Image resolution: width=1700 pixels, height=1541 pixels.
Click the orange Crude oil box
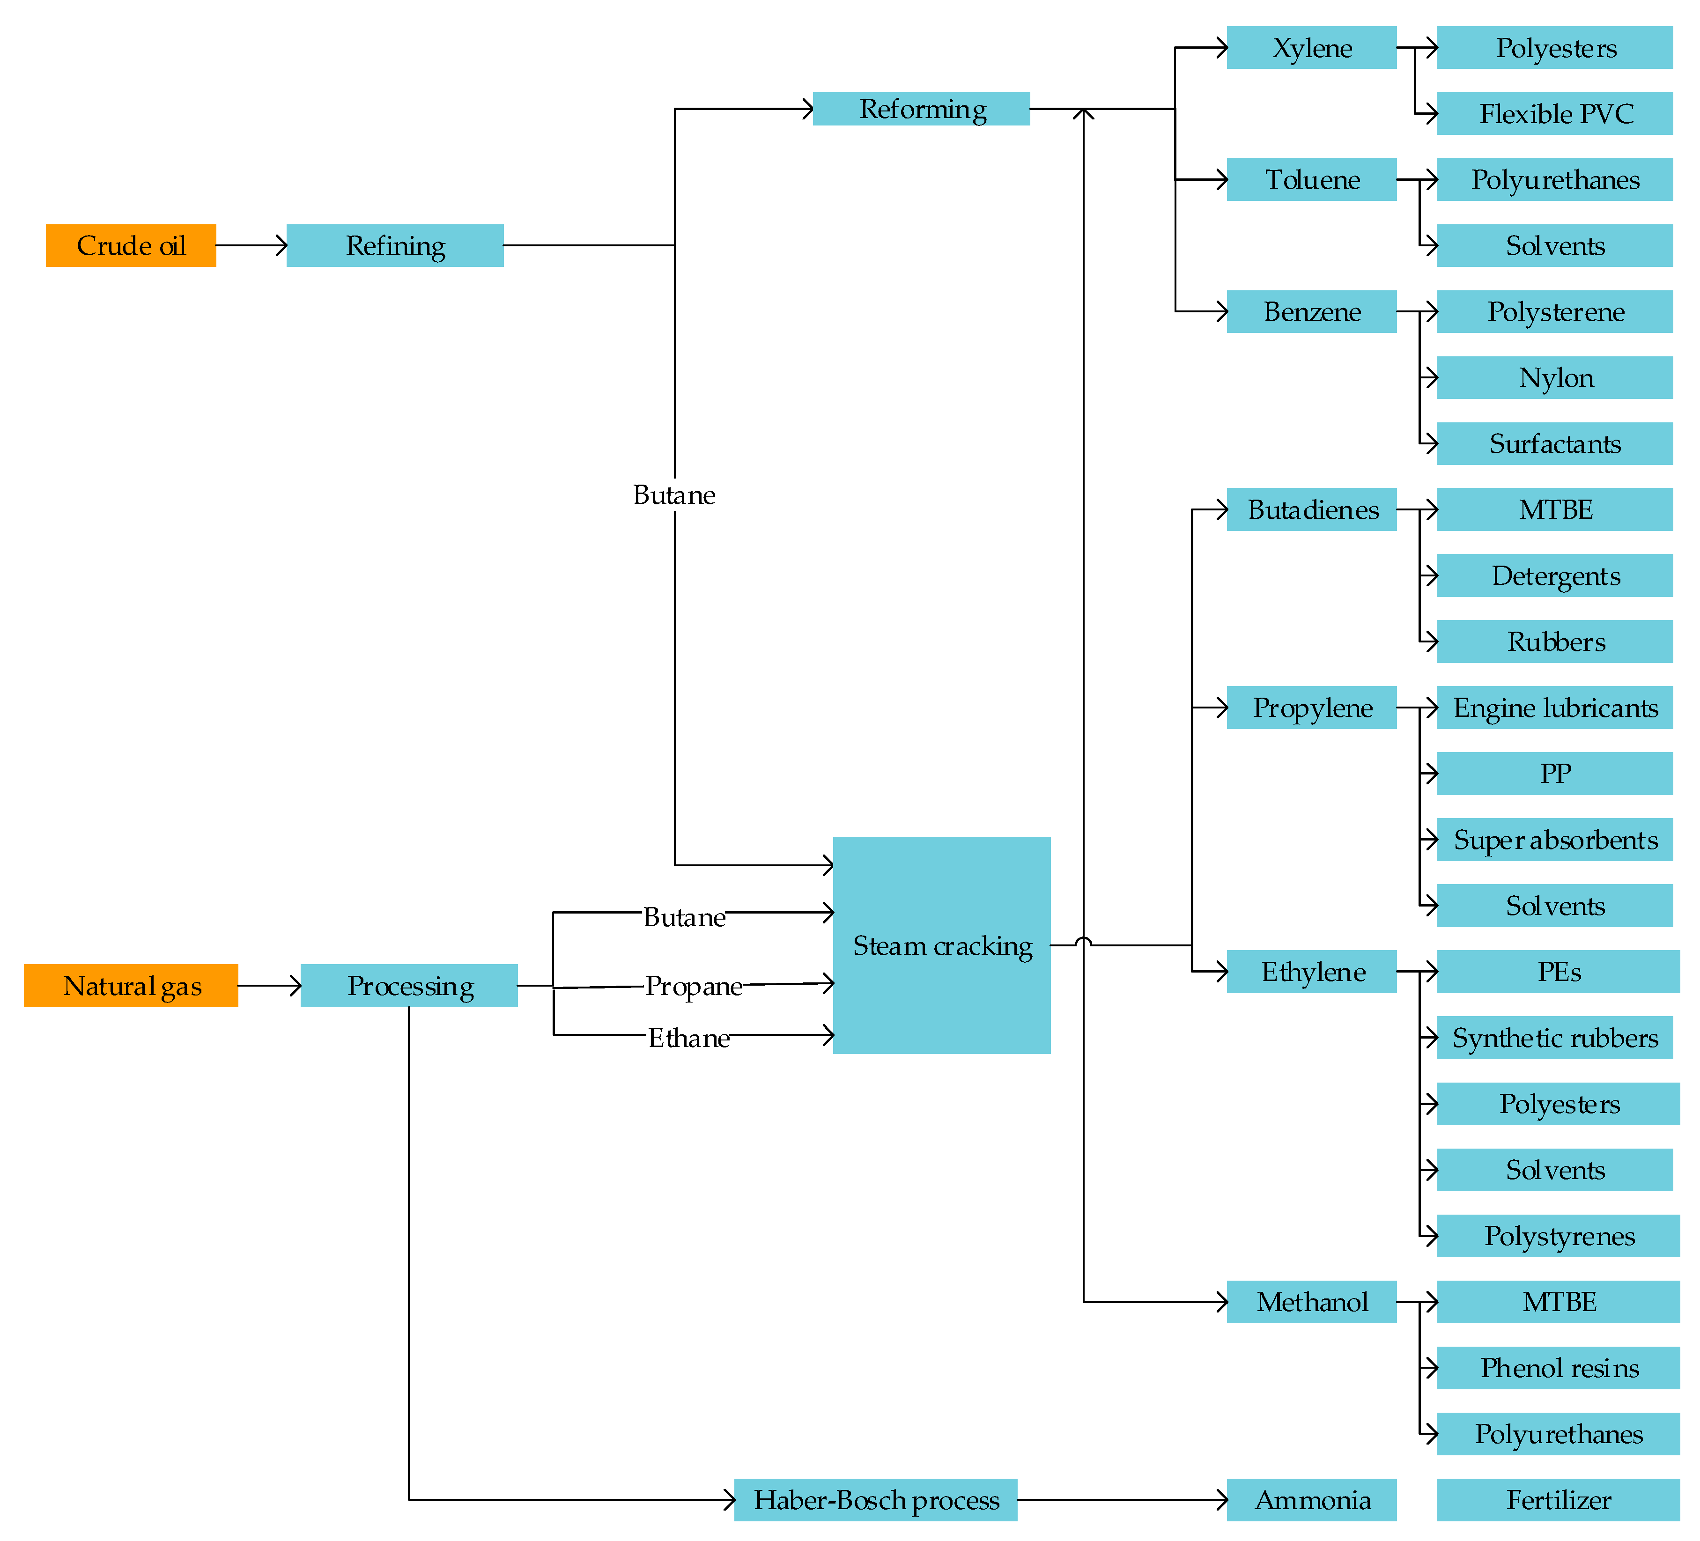coord(131,245)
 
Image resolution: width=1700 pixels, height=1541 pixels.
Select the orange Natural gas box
coord(131,986)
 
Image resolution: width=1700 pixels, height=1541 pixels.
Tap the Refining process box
coord(395,245)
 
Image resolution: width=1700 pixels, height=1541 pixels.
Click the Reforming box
coord(921,109)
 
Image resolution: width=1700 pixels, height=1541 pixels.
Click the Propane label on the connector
coord(693,986)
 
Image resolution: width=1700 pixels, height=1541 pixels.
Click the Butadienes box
coord(1311,509)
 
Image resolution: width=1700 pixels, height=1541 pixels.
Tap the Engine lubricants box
coord(1554,707)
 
